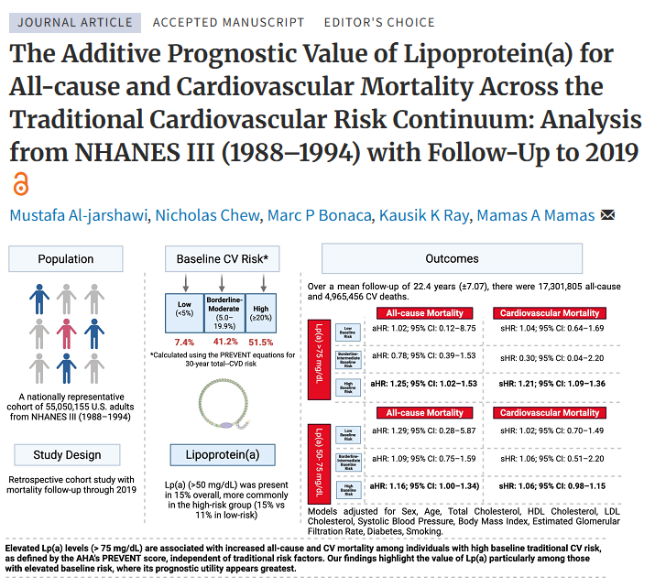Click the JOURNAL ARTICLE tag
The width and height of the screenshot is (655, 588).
pos(76,22)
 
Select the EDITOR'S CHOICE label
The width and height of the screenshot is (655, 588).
pos(379,22)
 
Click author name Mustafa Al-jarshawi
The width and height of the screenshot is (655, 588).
pos(77,216)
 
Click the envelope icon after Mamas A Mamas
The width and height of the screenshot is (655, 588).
pos(607,216)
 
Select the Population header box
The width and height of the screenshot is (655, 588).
pos(66,259)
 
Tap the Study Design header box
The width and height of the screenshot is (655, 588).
pos(66,454)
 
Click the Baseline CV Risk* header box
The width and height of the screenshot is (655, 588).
pos(222,259)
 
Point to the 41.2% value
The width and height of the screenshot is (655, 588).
pos(225,342)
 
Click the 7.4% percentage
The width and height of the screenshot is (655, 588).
pos(184,342)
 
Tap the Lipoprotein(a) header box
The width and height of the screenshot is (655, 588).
pos(222,454)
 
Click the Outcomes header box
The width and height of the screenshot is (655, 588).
pos(452,259)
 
